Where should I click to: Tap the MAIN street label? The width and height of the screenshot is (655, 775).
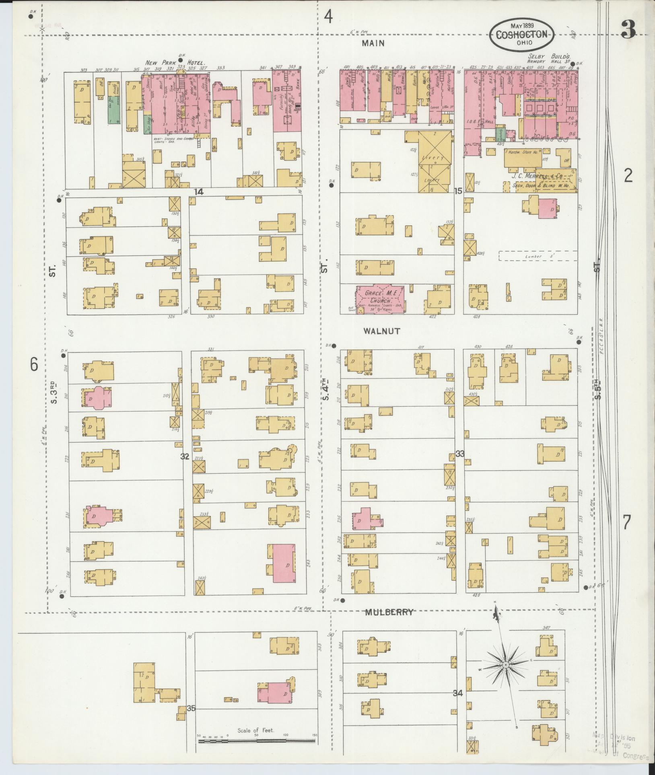tap(373, 43)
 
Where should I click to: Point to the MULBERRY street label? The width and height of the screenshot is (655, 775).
tap(389, 624)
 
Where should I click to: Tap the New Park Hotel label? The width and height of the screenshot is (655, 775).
tap(175, 63)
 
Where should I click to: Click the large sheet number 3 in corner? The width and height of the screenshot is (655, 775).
tap(628, 29)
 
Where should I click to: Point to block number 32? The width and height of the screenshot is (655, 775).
tap(185, 456)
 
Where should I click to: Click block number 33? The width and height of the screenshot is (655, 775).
tap(460, 454)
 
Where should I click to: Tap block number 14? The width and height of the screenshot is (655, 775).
tap(198, 192)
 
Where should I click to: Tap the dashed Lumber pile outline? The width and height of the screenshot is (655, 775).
tap(538, 256)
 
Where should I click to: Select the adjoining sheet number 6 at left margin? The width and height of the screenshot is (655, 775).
tap(34, 364)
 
